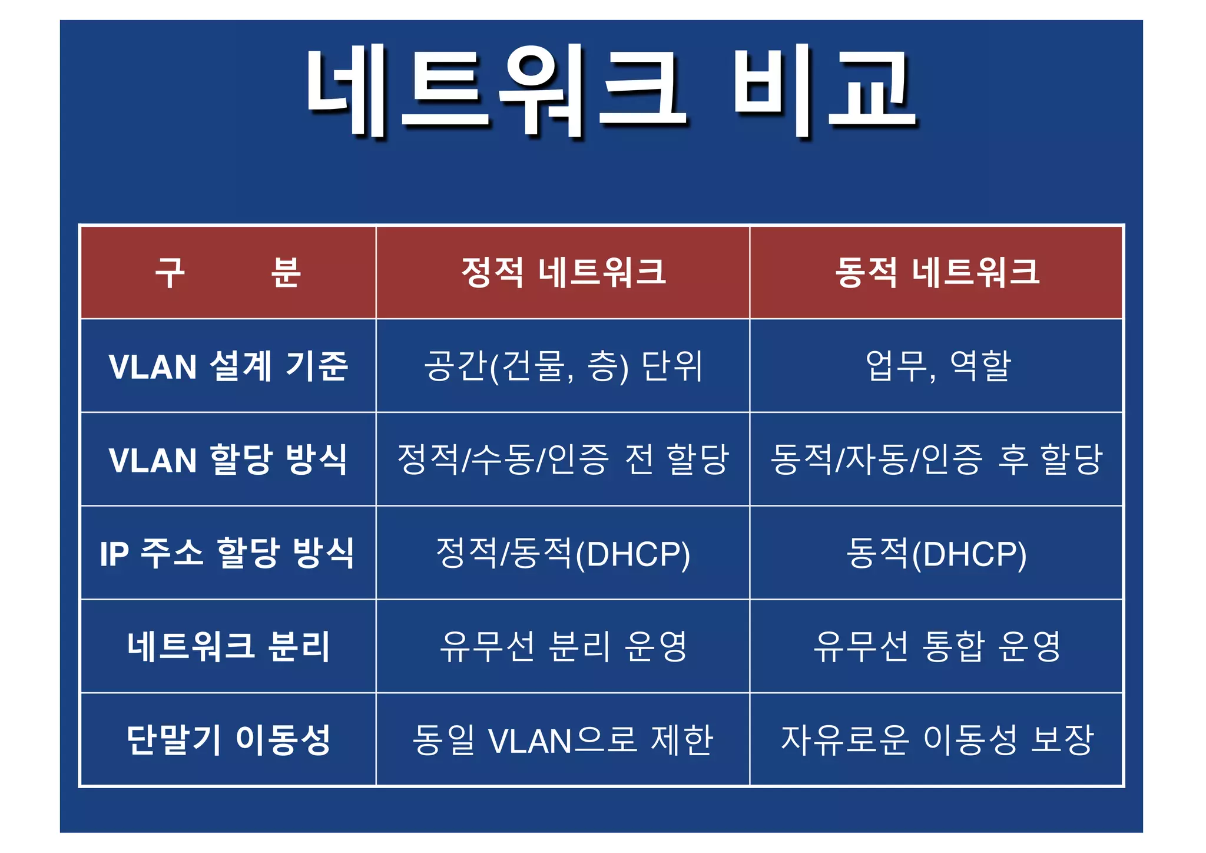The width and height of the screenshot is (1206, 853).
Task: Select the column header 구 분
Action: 228,272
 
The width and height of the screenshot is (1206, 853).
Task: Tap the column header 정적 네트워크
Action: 563,272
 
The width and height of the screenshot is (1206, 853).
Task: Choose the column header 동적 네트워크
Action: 936,272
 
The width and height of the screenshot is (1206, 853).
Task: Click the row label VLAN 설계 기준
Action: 228,366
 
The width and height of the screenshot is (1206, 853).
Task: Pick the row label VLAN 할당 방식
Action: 228,459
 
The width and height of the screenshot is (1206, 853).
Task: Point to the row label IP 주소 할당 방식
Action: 228,553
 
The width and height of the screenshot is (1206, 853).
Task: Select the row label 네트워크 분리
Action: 228,646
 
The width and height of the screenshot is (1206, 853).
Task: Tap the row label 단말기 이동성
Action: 228,740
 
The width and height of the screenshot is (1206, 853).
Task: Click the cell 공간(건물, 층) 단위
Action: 563,366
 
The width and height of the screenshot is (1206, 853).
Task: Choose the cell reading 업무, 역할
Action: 937,366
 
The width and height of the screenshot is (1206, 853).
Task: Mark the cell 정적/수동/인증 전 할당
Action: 563,459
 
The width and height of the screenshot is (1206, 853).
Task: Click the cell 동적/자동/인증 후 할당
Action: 936,459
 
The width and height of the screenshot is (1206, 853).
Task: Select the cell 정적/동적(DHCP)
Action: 563,553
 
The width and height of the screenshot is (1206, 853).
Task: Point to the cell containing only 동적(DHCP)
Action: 936,553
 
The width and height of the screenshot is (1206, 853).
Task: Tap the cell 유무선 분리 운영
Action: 563,646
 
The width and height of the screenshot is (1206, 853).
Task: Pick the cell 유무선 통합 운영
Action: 936,646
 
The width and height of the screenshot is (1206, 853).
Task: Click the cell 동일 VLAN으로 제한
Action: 563,740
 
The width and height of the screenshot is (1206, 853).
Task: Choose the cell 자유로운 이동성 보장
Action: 936,740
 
